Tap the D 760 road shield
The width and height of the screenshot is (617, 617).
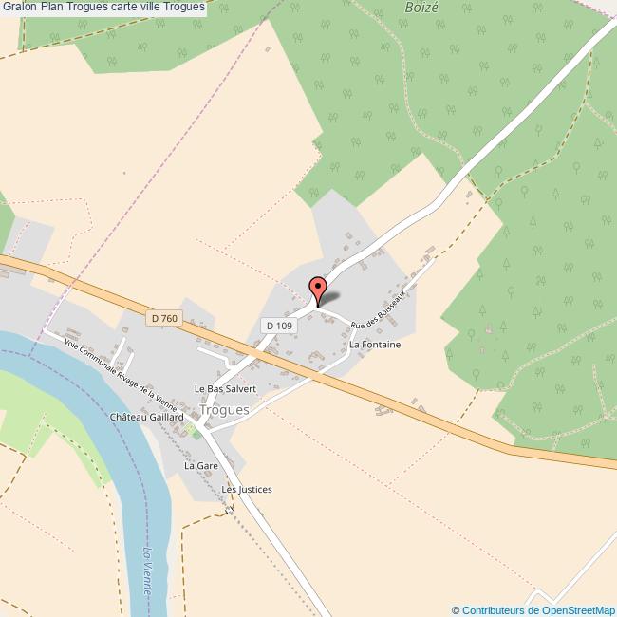(x=163, y=319)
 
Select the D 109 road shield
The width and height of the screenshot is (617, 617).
(x=279, y=325)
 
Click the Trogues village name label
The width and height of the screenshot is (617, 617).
(x=224, y=410)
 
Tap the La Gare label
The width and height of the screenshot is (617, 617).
(x=201, y=466)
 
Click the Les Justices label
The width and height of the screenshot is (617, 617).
(x=247, y=490)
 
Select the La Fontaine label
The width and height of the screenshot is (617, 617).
(x=375, y=345)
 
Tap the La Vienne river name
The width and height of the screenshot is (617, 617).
(x=146, y=570)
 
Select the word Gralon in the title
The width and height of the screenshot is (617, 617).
(x=19, y=7)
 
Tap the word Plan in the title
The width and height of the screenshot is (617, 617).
(x=52, y=7)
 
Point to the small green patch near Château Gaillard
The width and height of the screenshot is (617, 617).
(x=189, y=432)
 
